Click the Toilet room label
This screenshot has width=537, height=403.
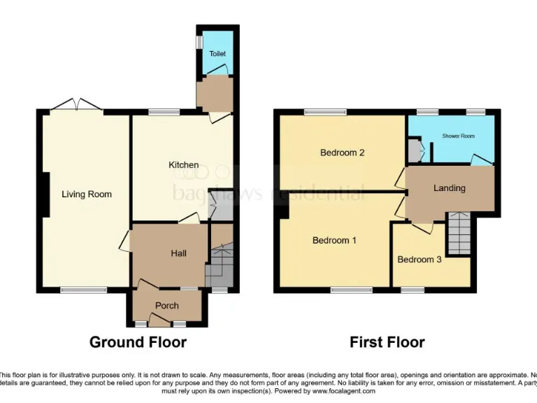[x=217, y=54]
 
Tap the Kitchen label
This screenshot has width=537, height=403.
[x=183, y=165]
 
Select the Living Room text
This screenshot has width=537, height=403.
[x=87, y=195]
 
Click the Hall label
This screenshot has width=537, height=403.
[x=178, y=254]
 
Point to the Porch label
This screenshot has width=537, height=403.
[x=167, y=306]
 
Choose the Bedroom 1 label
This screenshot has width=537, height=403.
[x=334, y=241]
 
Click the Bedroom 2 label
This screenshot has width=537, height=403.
[x=343, y=153]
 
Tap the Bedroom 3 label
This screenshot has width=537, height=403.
[x=420, y=260]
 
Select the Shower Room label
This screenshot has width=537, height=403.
[x=458, y=136]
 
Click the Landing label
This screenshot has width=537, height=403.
[x=449, y=188]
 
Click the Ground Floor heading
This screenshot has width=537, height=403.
[x=138, y=343]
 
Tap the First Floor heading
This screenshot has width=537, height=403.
[x=387, y=343]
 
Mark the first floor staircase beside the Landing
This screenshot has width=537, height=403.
[x=460, y=234]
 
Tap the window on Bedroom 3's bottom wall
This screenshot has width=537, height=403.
[x=413, y=289]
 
